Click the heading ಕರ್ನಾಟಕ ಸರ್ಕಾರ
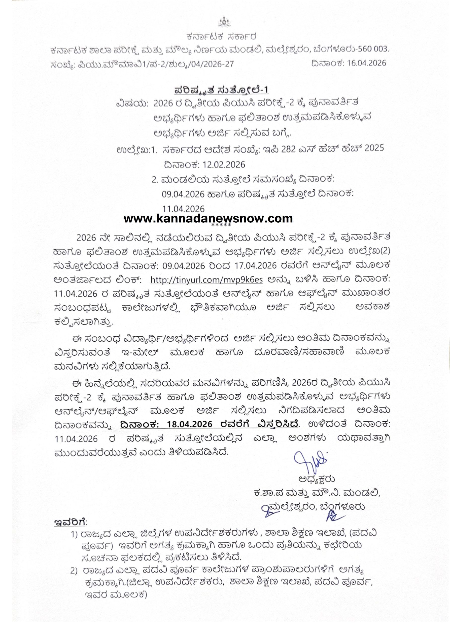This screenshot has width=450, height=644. (222, 36)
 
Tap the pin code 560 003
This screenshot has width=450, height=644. (372, 50)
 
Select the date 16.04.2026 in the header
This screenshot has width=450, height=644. (367, 63)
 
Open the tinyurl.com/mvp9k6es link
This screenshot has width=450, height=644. (206, 280)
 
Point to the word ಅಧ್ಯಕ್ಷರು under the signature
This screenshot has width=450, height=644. (317, 479)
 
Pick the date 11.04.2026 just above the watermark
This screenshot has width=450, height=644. (183, 209)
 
